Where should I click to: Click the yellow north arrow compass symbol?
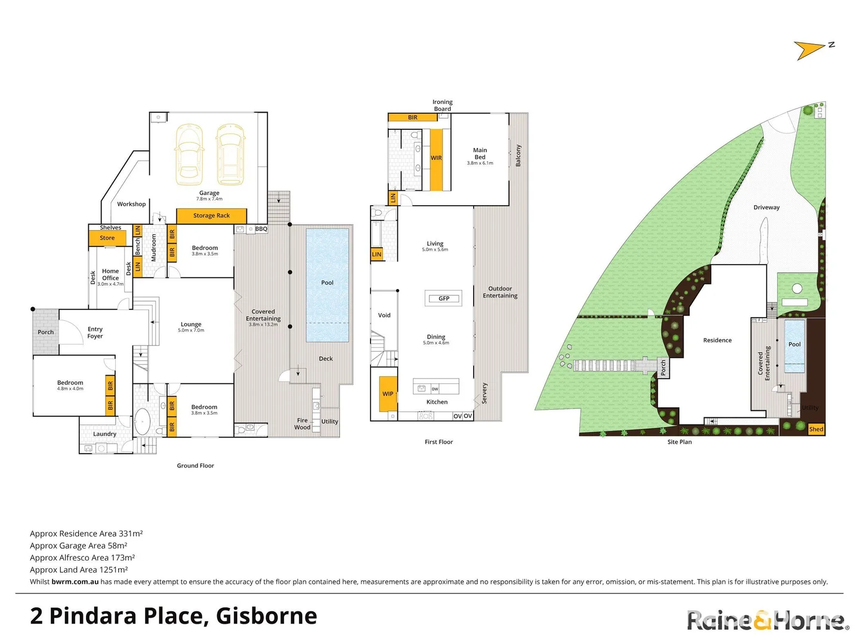(809, 50)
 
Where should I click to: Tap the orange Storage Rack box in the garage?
(211, 216)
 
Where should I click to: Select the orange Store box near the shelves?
(107, 238)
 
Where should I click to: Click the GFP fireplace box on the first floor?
(444, 299)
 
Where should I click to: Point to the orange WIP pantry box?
(388, 394)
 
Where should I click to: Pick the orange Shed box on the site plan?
(816, 429)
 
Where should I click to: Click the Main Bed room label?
(480, 154)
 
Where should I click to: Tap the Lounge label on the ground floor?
(191, 325)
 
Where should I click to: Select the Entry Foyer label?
(95, 333)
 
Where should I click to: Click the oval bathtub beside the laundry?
(142, 422)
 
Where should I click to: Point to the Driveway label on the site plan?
(767, 208)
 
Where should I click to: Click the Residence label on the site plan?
(717, 340)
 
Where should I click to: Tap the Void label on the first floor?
(384, 315)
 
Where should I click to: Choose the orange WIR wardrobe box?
(436, 159)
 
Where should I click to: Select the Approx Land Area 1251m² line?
(79, 570)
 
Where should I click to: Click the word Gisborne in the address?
(266, 616)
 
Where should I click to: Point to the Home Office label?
(110, 275)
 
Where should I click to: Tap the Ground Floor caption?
(195, 466)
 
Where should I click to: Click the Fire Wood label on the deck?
(302, 424)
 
